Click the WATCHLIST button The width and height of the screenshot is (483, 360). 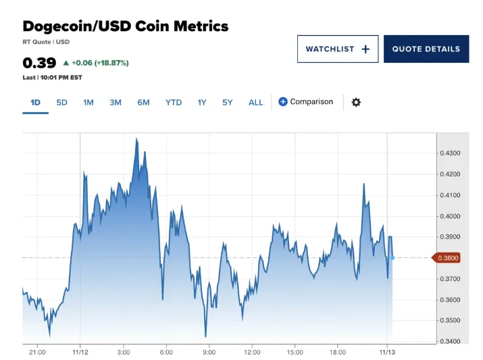point(337,49)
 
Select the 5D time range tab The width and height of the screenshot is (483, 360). point(61,102)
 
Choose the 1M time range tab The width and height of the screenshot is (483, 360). point(88,102)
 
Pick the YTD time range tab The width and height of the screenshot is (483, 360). point(174,102)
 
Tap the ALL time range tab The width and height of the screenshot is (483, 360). point(255,102)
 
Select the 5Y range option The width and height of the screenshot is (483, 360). point(227,102)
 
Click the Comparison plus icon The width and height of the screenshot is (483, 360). point(283,101)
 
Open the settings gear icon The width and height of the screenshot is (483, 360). point(356,102)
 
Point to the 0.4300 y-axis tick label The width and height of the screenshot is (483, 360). point(449,153)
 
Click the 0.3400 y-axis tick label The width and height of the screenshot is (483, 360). point(449,341)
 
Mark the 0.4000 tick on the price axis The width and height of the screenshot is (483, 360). point(449,216)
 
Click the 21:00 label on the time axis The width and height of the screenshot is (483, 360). point(37,352)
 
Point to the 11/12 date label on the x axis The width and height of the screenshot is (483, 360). point(80,352)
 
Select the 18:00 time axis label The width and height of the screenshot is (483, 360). point(337,352)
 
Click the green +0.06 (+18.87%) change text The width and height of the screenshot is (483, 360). point(100,63)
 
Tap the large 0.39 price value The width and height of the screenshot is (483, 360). point(39,63)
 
